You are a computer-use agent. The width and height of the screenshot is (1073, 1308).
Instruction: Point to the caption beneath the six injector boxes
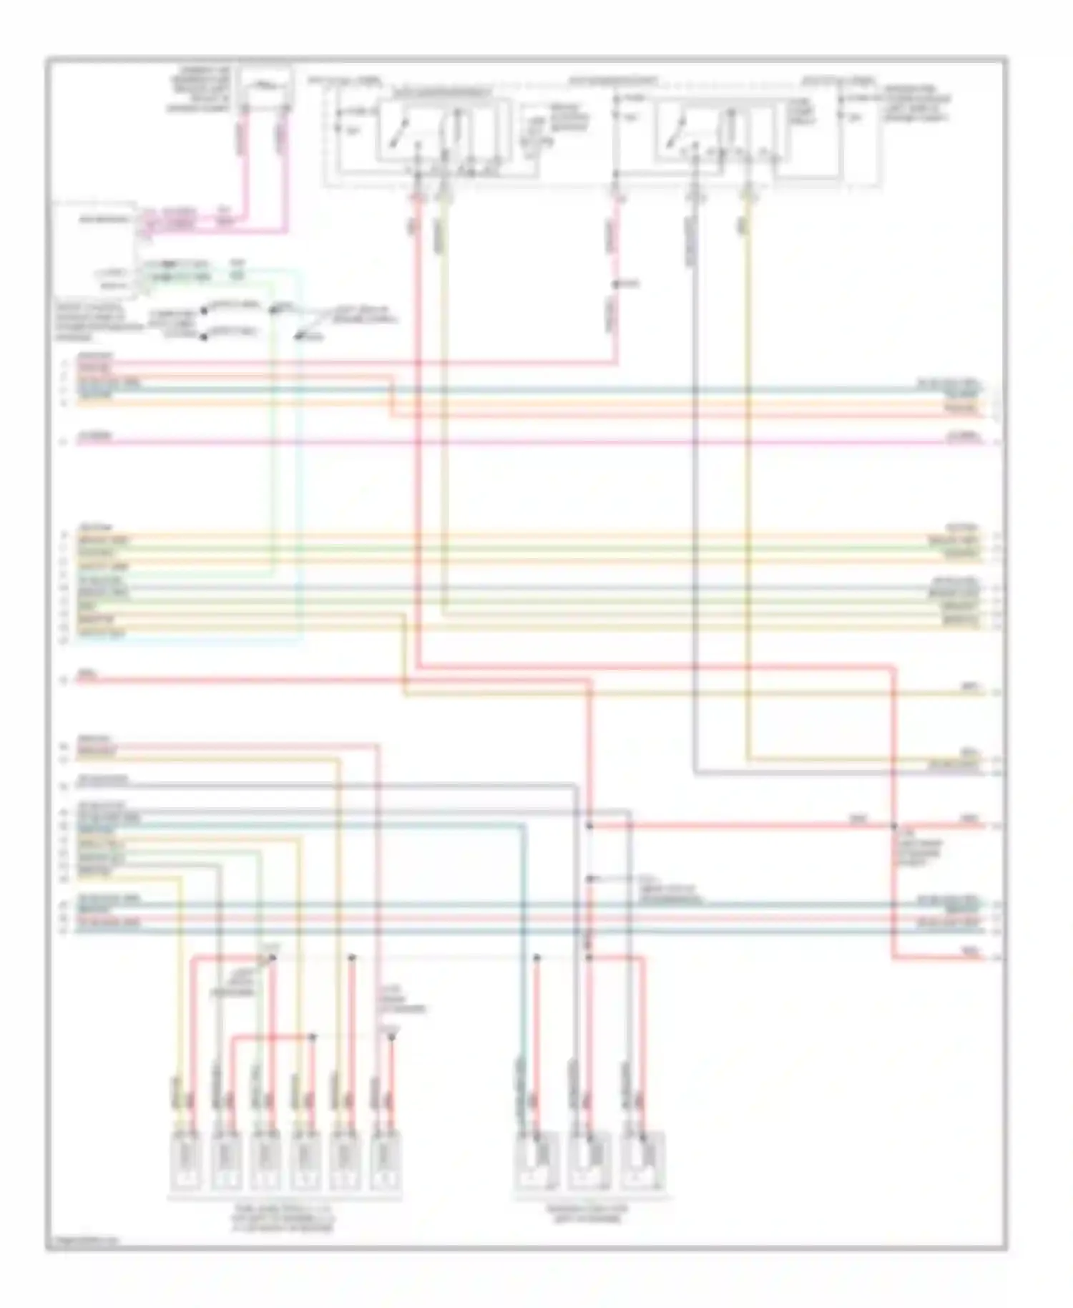tap(284, 1216)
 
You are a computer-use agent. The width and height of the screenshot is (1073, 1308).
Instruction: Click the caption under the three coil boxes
tap(588, 1212)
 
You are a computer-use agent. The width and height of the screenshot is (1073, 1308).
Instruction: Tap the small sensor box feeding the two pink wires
tap(265, 87)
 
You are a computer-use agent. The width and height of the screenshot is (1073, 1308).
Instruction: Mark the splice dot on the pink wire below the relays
tap(617, 284)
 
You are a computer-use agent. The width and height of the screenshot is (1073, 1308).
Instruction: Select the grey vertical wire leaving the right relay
tap(694, 429)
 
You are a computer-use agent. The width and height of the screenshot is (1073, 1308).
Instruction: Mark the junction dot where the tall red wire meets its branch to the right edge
tap(893, 826)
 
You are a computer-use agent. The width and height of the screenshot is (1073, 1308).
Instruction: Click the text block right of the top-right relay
tap(917, 104)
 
